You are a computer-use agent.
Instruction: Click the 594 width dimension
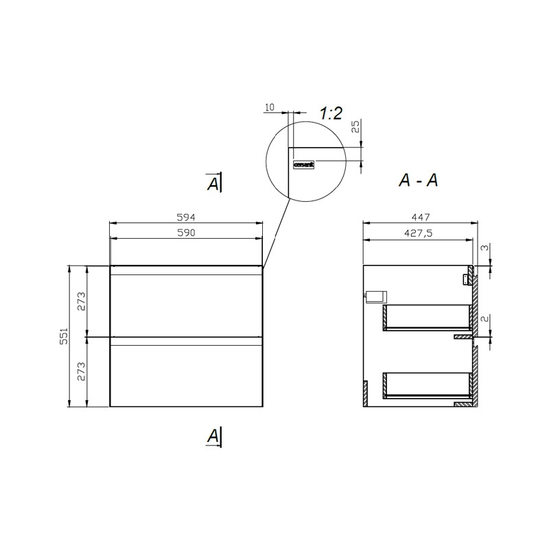click(x=187, y=217)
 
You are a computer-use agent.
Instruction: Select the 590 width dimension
click(x=187, y=233)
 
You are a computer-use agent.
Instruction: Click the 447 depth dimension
click(x=419, y=217)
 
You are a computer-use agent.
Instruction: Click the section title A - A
click(x=419, y=180)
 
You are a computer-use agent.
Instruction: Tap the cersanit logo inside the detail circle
click(x=303, y=165)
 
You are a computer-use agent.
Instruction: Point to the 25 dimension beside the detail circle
click(x=355, y=127)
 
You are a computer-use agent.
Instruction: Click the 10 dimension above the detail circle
click(x=269, y=107)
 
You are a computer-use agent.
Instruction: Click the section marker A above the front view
click(x=215, y=183)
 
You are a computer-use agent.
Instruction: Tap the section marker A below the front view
click(x=215, y=435)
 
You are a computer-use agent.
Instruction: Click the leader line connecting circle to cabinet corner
click(x=277, y=233)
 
